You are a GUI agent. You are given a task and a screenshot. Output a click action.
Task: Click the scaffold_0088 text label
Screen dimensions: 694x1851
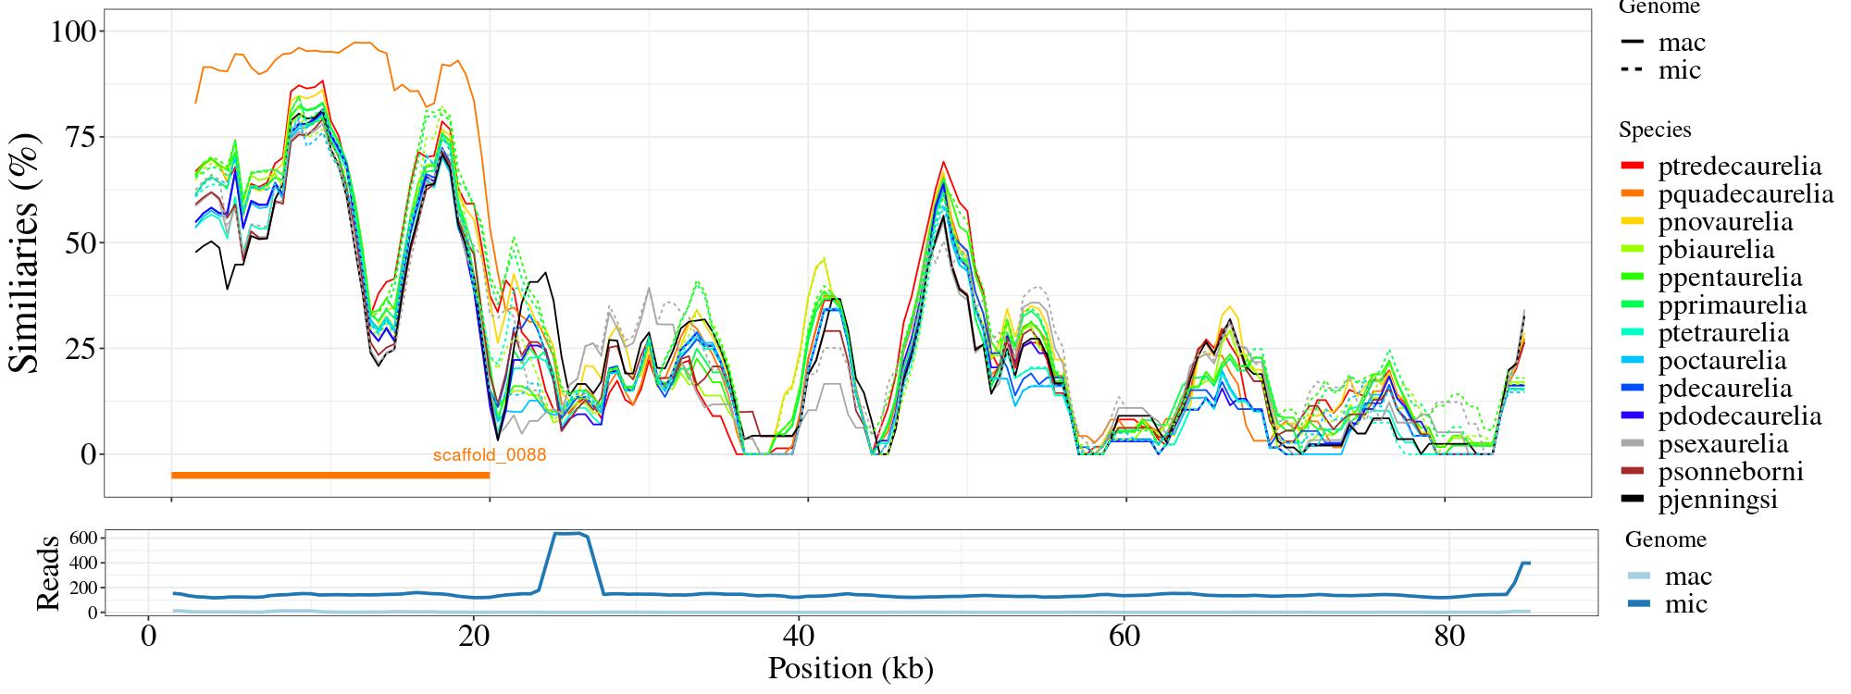490,455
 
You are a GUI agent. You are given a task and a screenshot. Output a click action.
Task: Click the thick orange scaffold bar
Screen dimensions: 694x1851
330,476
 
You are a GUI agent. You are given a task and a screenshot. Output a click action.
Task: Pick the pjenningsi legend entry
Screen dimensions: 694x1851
1718,500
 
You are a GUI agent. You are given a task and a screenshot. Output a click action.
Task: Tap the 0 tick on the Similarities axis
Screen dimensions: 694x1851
88,454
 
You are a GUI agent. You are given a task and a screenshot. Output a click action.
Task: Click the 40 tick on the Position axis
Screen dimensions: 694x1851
798,638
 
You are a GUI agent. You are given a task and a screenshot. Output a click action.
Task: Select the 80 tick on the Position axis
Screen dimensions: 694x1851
1449,638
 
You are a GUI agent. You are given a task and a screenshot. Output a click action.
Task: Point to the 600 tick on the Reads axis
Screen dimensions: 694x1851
83,538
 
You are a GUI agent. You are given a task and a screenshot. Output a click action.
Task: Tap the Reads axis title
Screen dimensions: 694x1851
48,573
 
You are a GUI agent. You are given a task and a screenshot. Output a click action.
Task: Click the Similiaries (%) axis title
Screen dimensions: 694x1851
26,253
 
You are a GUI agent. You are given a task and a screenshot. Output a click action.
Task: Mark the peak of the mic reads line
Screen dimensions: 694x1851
568,533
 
